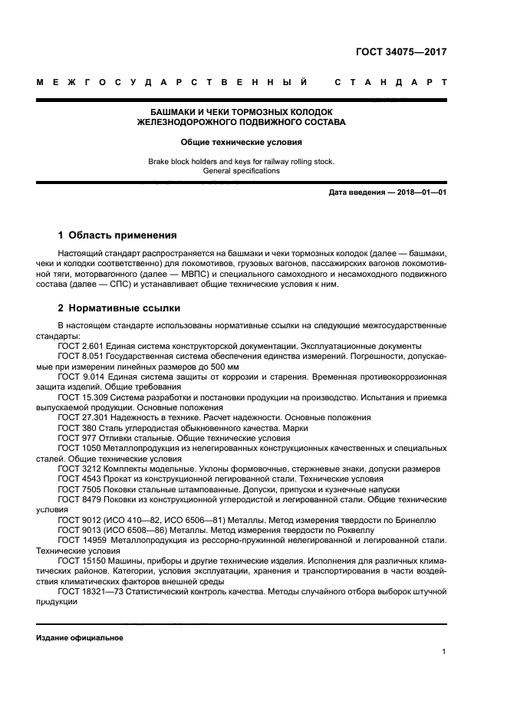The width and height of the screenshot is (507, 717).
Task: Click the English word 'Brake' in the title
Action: click(159, 162)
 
